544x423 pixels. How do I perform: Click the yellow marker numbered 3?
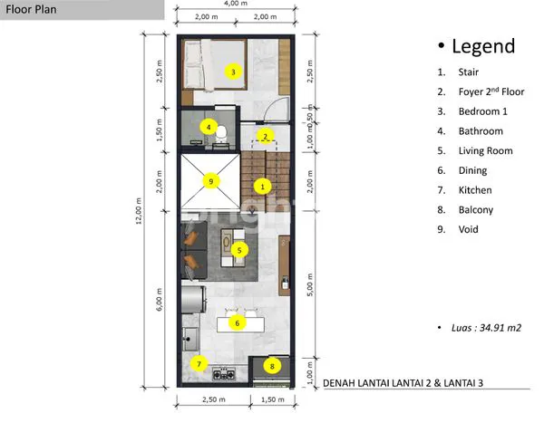(x=233, y=72)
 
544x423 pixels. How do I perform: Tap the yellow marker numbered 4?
(x=209, y=128)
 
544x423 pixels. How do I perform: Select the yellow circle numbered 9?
(x=211, y=181)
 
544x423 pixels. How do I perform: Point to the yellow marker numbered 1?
(x=262, y=186)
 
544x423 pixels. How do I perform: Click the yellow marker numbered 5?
(x=239, y=250)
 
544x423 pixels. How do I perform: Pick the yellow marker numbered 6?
(x=238, y=322)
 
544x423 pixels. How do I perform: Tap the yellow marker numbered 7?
(x=199, y=365)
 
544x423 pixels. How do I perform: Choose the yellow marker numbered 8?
(x=272, y=367)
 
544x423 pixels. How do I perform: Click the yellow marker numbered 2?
(x=264, y=137)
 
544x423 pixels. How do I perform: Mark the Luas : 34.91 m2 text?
(x=481, y=327)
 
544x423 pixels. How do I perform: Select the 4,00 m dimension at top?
(x=237, y=4)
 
